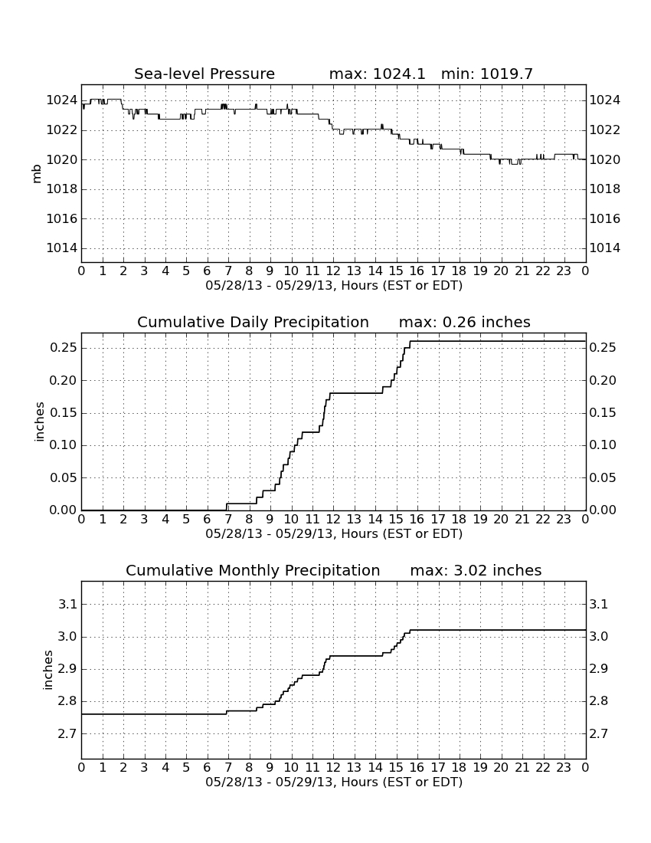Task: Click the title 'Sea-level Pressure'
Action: tap(204, 74)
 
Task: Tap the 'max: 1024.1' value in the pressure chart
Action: tap(377, 74)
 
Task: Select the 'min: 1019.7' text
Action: tap(486, 74)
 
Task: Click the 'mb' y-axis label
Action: tap(37, 174)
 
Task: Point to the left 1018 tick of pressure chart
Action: tap(62, 189)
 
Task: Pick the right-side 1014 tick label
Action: tap(605, 248)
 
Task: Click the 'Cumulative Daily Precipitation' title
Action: tap(253, 322)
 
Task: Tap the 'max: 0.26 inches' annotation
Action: tap(465, 322)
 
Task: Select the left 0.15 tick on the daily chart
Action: tap(64, 413)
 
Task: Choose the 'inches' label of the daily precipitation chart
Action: tap(38, 422)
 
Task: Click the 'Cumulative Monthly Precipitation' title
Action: tap(253, 570)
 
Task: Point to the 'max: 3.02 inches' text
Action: tap(476, 570)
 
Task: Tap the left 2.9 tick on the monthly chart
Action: tap(67, 669)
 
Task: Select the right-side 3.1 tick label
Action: tap(599, 605)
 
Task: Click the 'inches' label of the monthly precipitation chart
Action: tap(47, 671)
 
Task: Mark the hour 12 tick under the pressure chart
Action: tap(333, 271)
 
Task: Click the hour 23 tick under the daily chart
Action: tap(564, 520)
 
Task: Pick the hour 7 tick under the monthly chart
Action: tap(228, 768)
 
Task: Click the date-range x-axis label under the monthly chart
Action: tap(334, 782)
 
